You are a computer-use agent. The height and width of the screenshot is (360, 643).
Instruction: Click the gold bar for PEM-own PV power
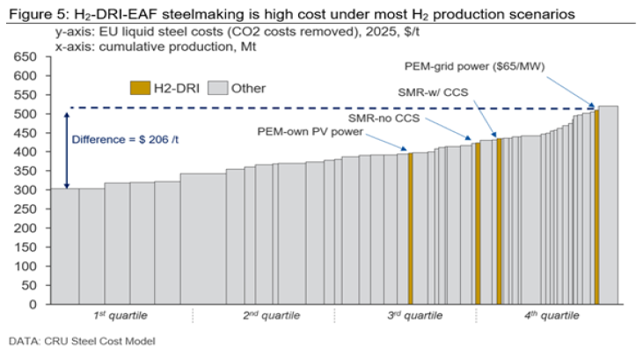pyautogui.click(x=411, y=229)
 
